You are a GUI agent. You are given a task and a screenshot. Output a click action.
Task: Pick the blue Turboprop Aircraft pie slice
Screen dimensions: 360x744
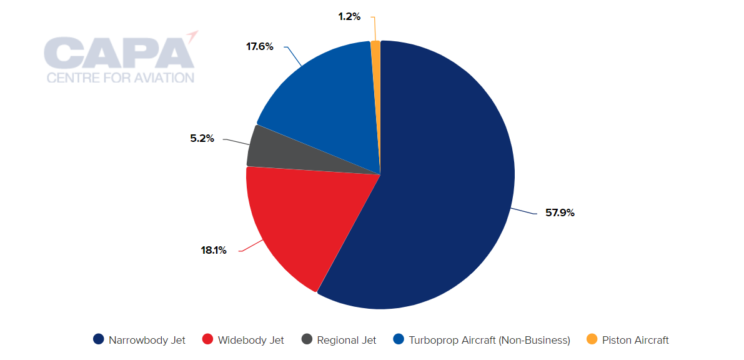tap(325, 100)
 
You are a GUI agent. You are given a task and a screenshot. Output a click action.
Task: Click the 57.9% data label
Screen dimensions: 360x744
tap(560, 213)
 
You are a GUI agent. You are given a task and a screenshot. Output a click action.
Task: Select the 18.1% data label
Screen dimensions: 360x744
tap(214, 251)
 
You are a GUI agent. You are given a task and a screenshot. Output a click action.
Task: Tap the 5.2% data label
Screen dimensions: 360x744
tap(202, 139)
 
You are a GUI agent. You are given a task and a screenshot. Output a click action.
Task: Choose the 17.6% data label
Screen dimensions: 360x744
tap(260, 46)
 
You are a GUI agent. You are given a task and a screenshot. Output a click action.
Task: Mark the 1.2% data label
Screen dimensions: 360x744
tap(349, 17)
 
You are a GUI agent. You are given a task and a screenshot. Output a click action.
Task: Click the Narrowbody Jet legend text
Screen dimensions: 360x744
tap(147, 341)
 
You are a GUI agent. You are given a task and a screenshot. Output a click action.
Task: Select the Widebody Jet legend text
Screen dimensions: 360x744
tap(251, 341)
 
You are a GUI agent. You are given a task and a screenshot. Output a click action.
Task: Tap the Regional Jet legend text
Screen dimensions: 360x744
tap(347, 341)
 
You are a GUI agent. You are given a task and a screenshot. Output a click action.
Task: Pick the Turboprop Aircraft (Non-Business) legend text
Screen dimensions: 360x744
tap(489, 341)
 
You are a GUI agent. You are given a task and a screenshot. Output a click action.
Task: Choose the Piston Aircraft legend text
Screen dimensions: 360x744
tap(635, 341)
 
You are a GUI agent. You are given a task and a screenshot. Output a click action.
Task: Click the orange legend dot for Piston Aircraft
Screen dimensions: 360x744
tap(592, 340)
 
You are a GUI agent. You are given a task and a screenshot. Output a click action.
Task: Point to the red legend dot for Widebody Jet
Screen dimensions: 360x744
tap(207, 340)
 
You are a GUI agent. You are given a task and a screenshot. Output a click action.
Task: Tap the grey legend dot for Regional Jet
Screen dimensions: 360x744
tap(307, 340)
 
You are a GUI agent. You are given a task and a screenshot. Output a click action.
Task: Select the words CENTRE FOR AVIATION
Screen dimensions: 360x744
tap(121, 78)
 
